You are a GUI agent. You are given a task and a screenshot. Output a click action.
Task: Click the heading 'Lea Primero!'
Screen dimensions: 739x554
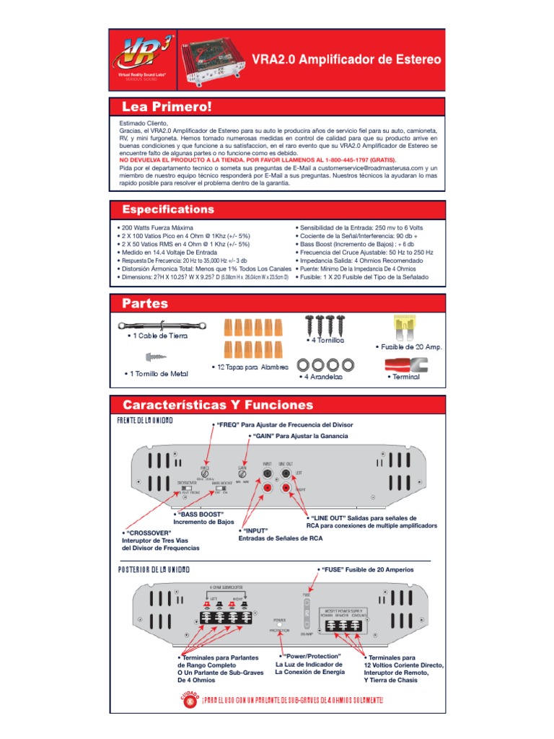pyautogui.click(x=167, y=107)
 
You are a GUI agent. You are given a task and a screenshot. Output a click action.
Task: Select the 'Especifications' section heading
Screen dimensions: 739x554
pyautogui.click(x=168, y=209)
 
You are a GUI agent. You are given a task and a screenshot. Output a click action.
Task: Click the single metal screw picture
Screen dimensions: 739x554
pyautogui.click(x=157, y=357)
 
